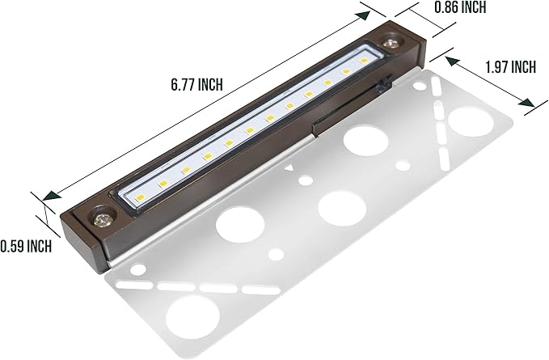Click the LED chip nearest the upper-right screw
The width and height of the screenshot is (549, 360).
tap(365, 61)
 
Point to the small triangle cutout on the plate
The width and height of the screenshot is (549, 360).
tap(290, 169)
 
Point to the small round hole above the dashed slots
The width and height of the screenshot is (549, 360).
tap(138, 269)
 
